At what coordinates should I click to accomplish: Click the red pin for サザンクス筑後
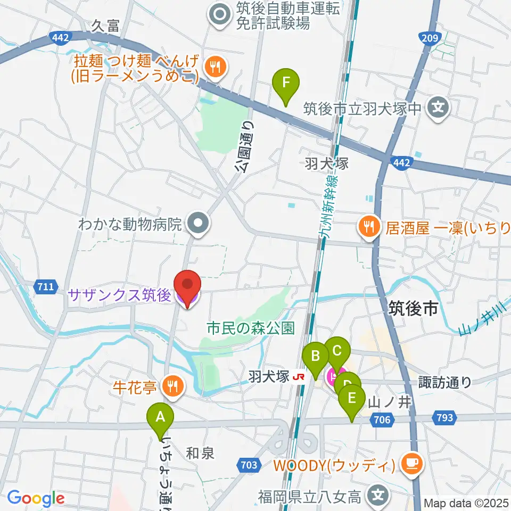(186, 288)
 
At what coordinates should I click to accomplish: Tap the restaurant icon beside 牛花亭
(172, 385)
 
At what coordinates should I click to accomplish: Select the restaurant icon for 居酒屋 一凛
(368, 228)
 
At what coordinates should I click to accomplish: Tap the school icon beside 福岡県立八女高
(378, 497)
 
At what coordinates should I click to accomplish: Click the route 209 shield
(431, 38)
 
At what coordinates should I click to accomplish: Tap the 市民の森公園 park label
(251, 327)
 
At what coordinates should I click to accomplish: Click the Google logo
(36, 498)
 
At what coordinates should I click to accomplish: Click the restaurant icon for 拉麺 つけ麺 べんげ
(215, 67)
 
